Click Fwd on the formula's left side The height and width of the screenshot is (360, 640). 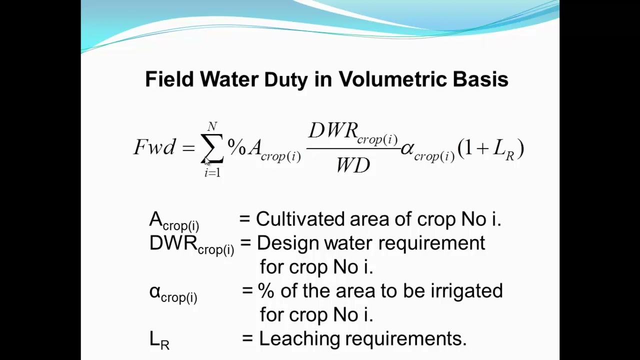154,147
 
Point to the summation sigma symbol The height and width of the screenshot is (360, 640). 212,148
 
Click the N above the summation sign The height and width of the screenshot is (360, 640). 212,126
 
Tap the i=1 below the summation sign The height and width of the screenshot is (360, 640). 212,173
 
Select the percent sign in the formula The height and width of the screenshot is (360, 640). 237,146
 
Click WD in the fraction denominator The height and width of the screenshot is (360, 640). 353,165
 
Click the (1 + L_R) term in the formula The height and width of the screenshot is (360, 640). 490,149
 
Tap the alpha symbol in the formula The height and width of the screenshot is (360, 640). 407,148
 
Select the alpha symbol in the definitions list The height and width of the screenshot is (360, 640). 154,291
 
